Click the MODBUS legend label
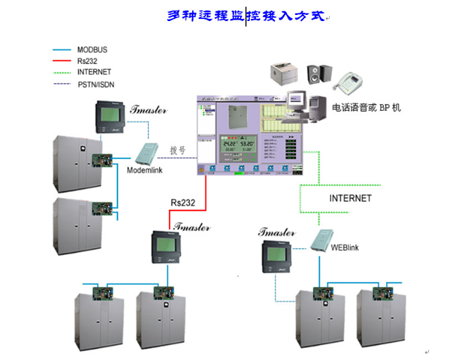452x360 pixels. click(92, 50)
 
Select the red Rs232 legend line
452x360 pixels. click(63, 61)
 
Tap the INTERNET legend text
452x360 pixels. click(94, 72)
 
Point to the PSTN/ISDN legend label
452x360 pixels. click(96, 84)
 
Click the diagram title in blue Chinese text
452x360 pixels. click(246, 16)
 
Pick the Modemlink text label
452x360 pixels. click(145, 170)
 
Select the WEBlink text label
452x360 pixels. click(344, 248)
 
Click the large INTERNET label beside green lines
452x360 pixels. click(350, 198)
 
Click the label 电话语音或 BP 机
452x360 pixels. click(366, 108)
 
